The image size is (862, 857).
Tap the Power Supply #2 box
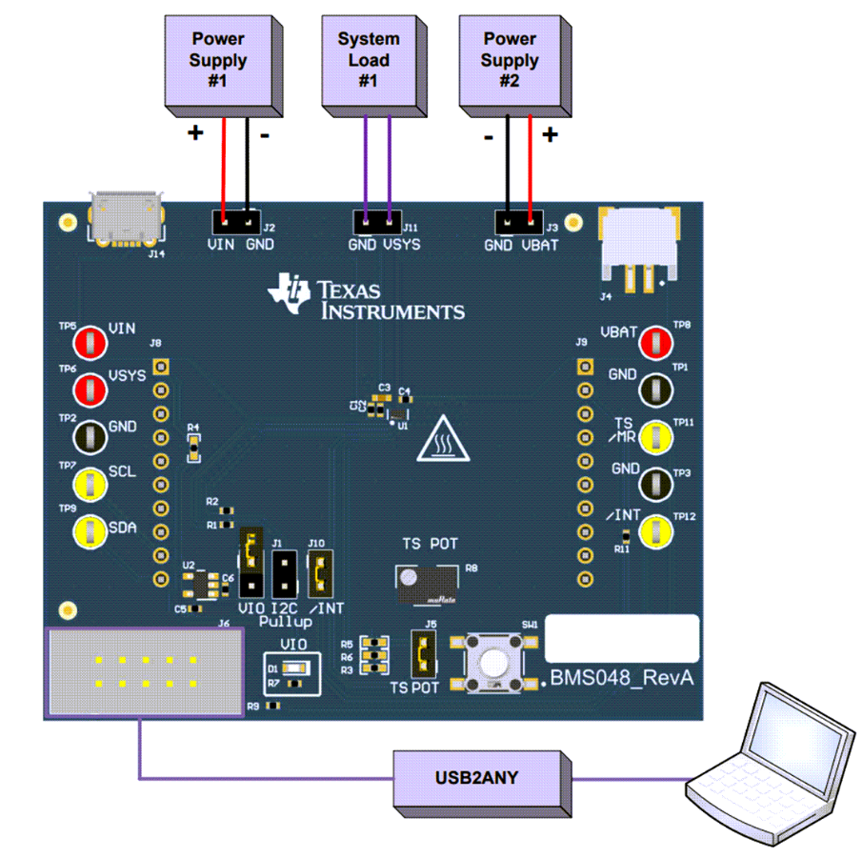coord(509,60)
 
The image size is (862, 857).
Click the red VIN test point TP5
coord(90,341)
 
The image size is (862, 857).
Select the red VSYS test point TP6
coord(90,388)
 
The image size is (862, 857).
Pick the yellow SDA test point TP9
coord(90,530)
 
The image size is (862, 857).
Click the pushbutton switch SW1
coord(492,660)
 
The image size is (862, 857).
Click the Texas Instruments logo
coord(367,297)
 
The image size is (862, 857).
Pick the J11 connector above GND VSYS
coord(377,221)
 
